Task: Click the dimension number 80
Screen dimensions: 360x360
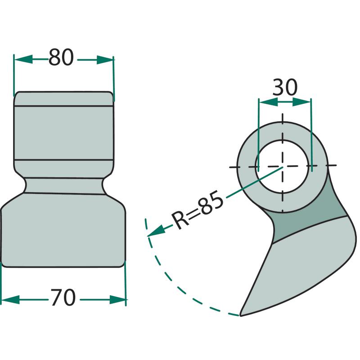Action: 61,58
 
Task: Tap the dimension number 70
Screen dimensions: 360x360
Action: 63,297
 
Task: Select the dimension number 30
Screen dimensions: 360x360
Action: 285,87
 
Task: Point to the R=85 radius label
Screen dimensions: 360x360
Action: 198,210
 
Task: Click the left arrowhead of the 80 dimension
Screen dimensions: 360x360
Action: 23,59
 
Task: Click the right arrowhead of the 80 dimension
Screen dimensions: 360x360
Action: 105,60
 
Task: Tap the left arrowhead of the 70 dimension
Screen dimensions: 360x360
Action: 10,300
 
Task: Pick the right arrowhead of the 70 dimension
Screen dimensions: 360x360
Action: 117,300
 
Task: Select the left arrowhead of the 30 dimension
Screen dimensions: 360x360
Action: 268,102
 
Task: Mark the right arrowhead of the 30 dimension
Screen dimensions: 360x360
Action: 301,102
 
